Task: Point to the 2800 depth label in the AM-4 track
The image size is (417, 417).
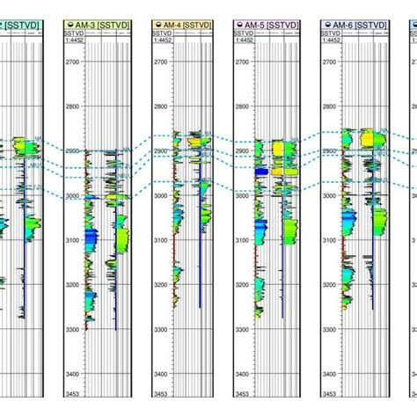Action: [x=161, y=106]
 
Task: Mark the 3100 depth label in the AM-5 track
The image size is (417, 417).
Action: [x=245, y=239]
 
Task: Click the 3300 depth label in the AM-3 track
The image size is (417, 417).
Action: [x=76, y=329]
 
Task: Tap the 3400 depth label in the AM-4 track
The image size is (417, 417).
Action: [x=161, y=373]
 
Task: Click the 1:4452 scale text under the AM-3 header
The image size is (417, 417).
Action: [x=77, y=40]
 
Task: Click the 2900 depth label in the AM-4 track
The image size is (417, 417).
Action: [x=161, y=150]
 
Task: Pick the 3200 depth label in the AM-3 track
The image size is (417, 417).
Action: [x=76, y=284]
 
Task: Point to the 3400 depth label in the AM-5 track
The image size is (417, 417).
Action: [x=245, y=373]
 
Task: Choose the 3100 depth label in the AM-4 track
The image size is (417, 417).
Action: [x=161, y=239]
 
